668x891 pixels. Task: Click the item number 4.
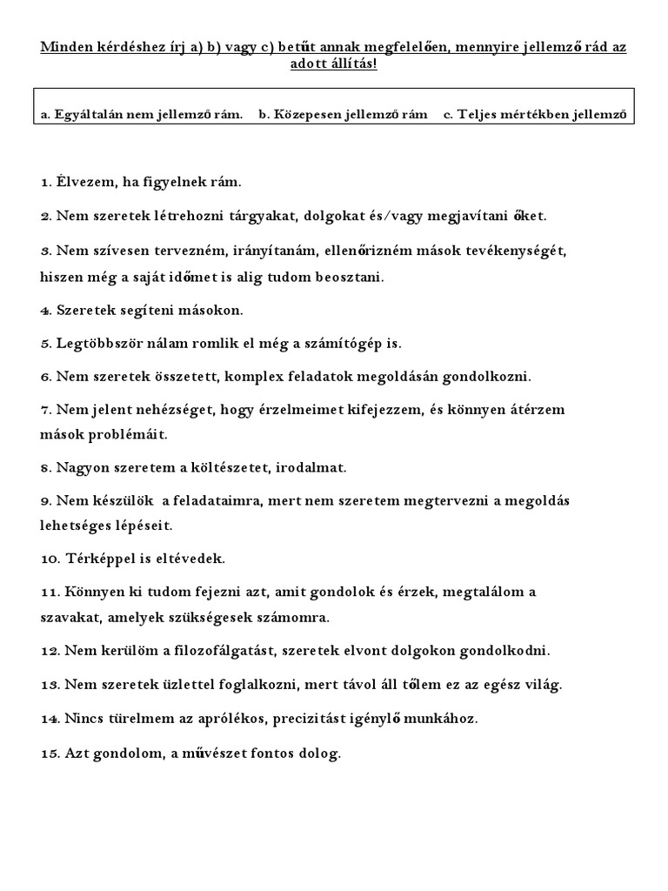[46, 310]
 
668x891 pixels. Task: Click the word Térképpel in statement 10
[97, 558]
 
